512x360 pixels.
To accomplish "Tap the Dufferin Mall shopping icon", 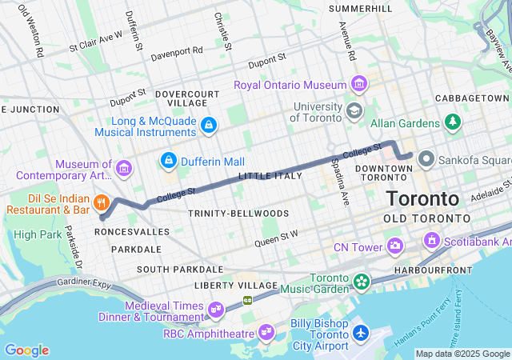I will click(169, 161).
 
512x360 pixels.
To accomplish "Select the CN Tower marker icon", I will click(394, 246).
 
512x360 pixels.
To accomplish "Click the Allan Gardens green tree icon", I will click(454, 123).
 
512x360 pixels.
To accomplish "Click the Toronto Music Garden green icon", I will click(362, 281).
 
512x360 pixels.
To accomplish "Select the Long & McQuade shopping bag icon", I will click(208, 125).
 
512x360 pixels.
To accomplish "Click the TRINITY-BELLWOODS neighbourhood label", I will click(226, 214).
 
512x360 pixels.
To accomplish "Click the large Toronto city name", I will click(422, 198).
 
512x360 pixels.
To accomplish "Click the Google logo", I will click(26, 350).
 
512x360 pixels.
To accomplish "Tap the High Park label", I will click(37, 234).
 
